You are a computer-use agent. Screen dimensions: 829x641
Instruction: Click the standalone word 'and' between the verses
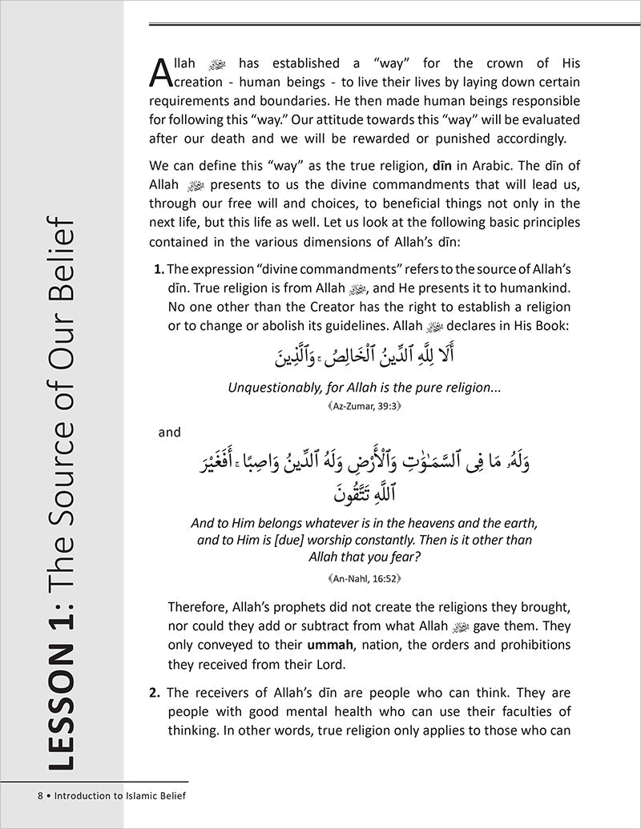[x=170, y=433]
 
